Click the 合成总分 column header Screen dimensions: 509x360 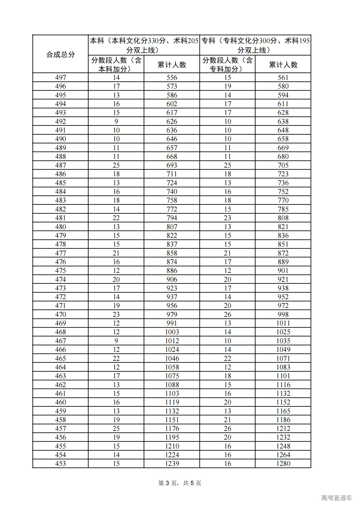click(60, 54)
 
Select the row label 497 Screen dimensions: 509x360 click(60, 78)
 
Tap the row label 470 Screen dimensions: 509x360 click(60, 314)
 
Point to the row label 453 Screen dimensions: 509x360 click(60, 463)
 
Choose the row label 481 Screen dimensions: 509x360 click(60, 218)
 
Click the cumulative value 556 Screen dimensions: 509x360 click(172, 78)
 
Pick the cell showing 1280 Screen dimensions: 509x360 click(283, 463)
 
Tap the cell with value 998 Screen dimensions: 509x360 click(283, 314)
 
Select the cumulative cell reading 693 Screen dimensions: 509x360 click(172, 165)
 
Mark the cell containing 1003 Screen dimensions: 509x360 click(172, 332)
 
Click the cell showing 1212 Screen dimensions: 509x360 click(283, 429)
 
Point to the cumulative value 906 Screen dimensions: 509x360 click(172, 280)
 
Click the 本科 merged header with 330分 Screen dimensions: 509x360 click(144, 45)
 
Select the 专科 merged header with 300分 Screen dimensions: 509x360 click(255, 45)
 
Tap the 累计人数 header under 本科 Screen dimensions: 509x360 click(172, 65)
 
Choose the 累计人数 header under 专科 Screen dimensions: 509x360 click(283, 65)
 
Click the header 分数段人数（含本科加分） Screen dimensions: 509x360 click(116, 64)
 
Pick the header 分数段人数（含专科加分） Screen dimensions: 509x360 click(228, 64)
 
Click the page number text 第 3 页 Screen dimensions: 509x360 click(168, 483)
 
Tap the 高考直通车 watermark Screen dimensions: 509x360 click(336, 498)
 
